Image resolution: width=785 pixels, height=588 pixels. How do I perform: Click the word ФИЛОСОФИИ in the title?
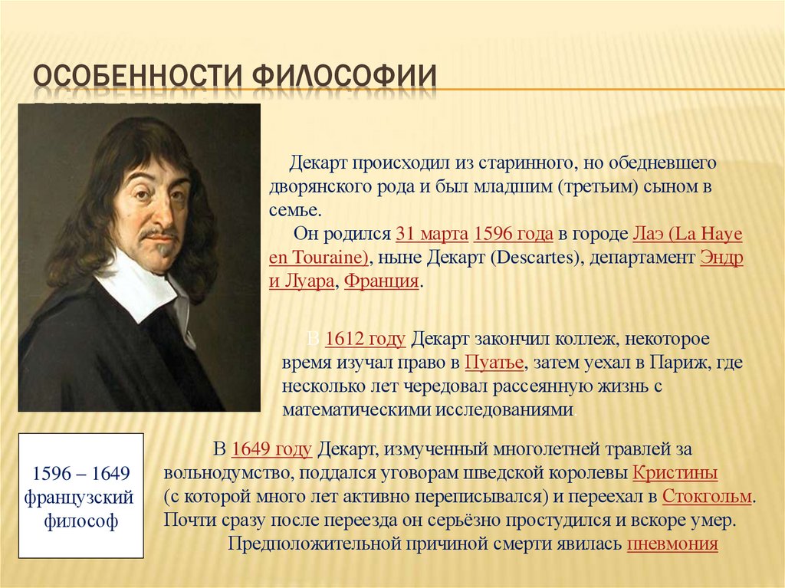(x=344, y=80)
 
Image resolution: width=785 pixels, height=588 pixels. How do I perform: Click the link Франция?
(x=382, y=281)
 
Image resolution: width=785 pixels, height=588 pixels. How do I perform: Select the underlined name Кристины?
(x=675, y=472)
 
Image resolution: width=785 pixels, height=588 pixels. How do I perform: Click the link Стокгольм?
(x=706, y=496)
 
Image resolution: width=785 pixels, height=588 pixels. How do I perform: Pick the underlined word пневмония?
(x=672, y=544)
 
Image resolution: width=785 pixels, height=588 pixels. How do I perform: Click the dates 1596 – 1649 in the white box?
(x=80, y=472)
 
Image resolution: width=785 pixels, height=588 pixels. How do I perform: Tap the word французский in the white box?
(x=80, y=498)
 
